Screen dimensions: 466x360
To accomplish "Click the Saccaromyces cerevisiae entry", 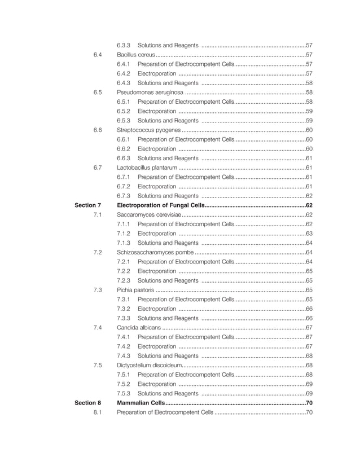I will coord(148,214).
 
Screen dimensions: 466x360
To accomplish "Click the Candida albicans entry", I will coord(138,327).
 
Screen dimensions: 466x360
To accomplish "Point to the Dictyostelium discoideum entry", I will coord(149,365).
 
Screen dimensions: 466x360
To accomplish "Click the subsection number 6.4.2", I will coord(124,73).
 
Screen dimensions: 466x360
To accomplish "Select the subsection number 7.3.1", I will coord(124,299).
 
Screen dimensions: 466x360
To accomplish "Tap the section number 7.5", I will coord(98,365).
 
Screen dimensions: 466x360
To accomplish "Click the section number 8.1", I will coord(98,412).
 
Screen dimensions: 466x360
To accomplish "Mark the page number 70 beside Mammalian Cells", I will coord(309,403).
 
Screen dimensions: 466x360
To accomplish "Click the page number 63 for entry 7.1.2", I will coord(309,233).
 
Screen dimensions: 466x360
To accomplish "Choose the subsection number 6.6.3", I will coord(124,158).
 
